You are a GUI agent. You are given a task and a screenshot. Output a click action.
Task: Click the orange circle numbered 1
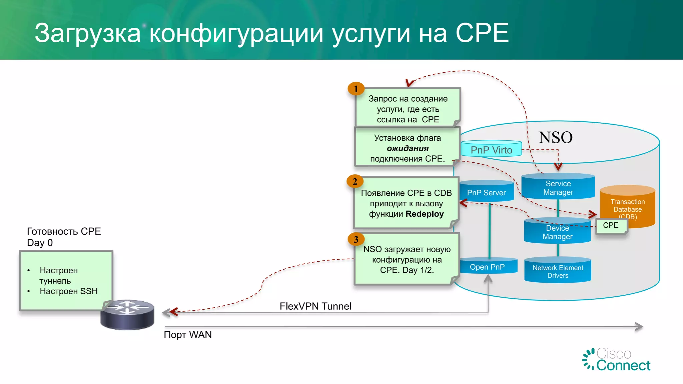coord(356,89)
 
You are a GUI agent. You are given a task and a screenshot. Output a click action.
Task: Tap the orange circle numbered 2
coord(355,181)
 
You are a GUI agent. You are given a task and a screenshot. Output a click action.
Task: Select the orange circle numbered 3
coord(356,239)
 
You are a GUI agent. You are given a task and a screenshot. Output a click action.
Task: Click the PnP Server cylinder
coord(486,192)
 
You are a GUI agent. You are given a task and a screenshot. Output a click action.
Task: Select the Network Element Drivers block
coord(558,271)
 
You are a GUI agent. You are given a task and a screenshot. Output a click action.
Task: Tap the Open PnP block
coord(487,267)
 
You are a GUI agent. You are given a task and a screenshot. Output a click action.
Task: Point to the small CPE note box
coord(611,226)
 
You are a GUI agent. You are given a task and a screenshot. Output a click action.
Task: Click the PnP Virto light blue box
coord(491,149)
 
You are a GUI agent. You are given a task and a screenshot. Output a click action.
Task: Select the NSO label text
coord(556,137)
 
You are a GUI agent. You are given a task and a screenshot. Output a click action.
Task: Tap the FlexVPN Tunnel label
coord(315,306)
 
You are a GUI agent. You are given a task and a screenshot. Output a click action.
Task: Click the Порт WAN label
coord(188,334)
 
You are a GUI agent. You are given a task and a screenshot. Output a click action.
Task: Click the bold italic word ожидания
coord(408,148)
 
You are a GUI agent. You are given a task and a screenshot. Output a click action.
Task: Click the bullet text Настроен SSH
coord(68,291)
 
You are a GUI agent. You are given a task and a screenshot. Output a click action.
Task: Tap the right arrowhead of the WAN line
coord(639,327)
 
